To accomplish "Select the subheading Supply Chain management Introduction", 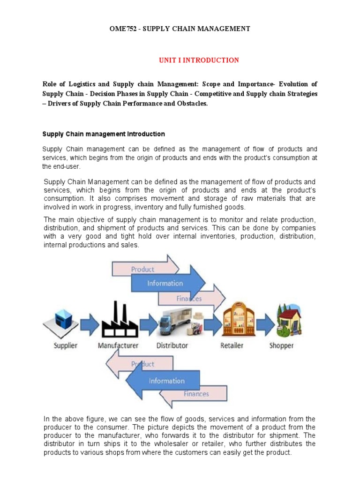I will pyautogui.click(x=104, y=134).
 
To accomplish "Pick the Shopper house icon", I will pyautogui.click(x=288, y=322).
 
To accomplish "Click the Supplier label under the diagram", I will pyautogui.click(x=60, y=345).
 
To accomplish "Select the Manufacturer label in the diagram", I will pyautogui.click(x=118, y=345).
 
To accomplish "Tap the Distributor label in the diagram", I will pyautogui.click(x=172, y=345).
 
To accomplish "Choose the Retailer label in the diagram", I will pyautogui.click(x=232, y=345).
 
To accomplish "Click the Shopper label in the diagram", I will pyautogui.click(x=281, y=345).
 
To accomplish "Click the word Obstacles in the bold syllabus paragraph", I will pyautogui.click(x=190, y=104).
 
